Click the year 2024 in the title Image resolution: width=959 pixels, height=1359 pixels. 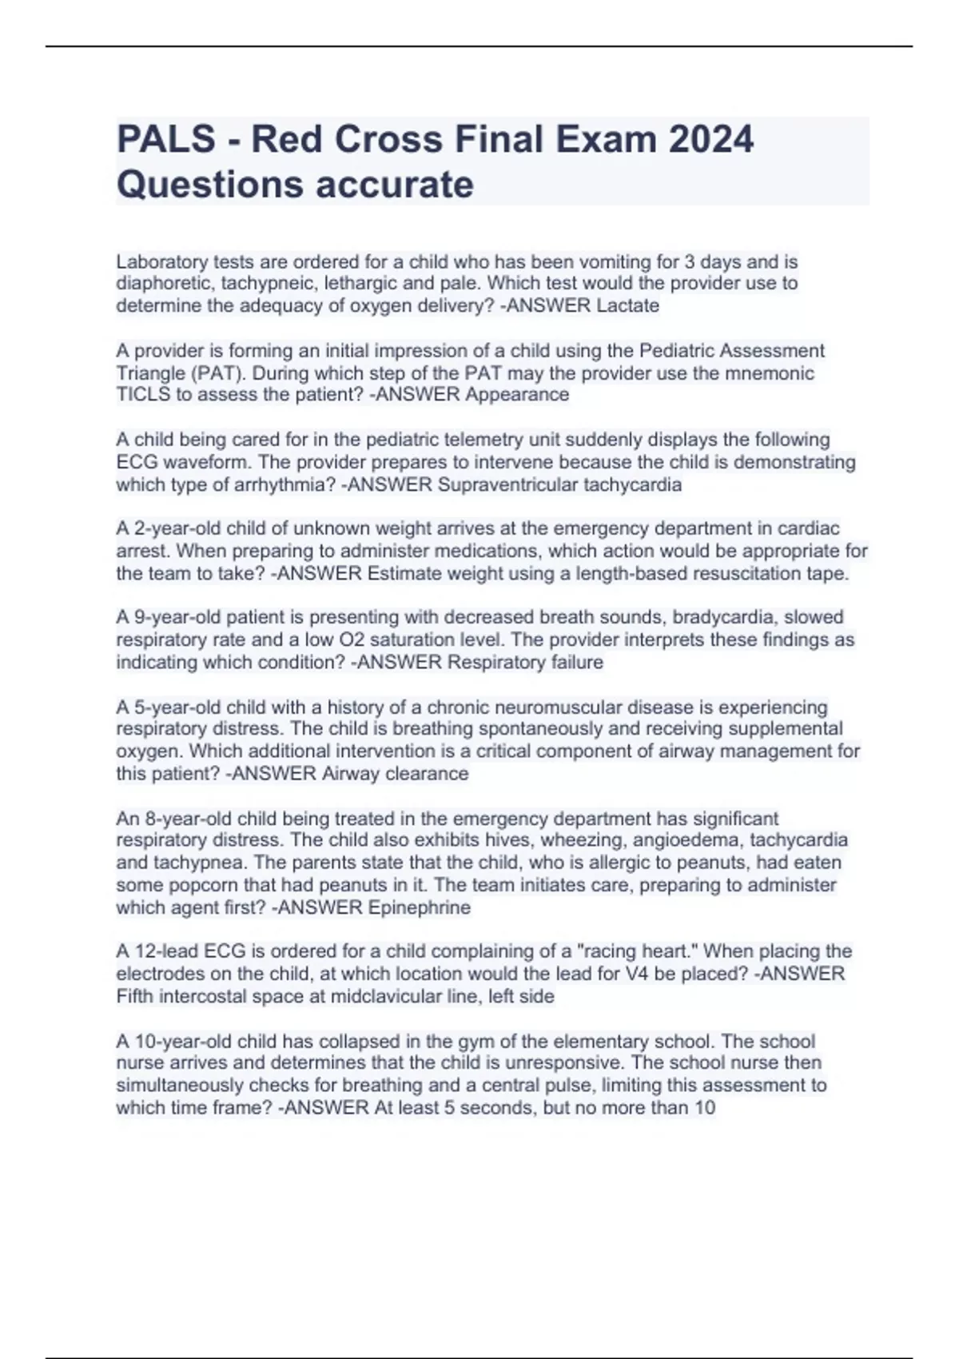[x=710, y=140]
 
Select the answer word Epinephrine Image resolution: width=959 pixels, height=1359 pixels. [x=419, y=907]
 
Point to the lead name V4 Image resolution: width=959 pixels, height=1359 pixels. [x=615, y=974]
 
